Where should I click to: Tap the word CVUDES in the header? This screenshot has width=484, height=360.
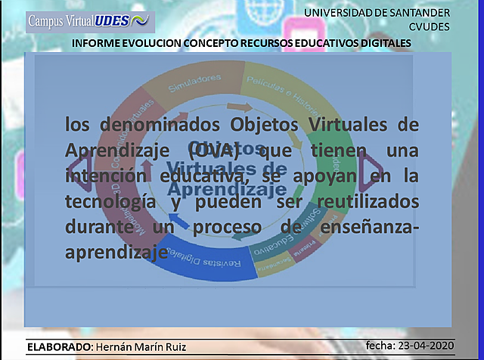[429, 26]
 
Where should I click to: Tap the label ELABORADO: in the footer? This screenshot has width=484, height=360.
[59, 346]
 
